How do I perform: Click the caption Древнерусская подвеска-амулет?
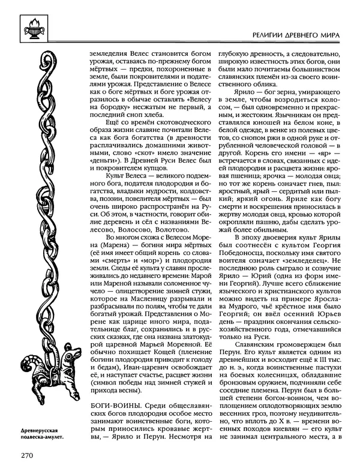click(x=37, y=434)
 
